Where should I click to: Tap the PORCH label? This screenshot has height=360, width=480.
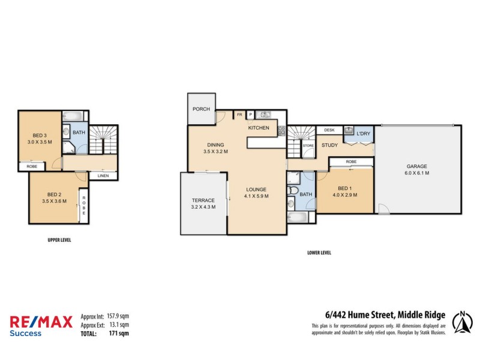click(x=201, y=110)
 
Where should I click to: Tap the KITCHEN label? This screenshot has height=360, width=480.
click(x=259, y=128)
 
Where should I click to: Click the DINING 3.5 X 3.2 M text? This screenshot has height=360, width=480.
click(x=216, y=148)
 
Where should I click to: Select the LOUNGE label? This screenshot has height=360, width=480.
click(x=256, y=193)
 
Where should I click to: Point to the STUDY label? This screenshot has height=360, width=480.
click(x=329, y=145)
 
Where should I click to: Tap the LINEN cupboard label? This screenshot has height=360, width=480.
click(x=103, y=175)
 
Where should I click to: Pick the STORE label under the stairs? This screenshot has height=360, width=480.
click(x=308, y=145)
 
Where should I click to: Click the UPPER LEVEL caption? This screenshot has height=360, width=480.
click(x=60, y=239)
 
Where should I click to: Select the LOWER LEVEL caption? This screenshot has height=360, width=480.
click(x=319, y=253)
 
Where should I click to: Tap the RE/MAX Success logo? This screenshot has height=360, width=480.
click(x=41, y=325)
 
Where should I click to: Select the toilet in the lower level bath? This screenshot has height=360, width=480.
click(x=293, y=191)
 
